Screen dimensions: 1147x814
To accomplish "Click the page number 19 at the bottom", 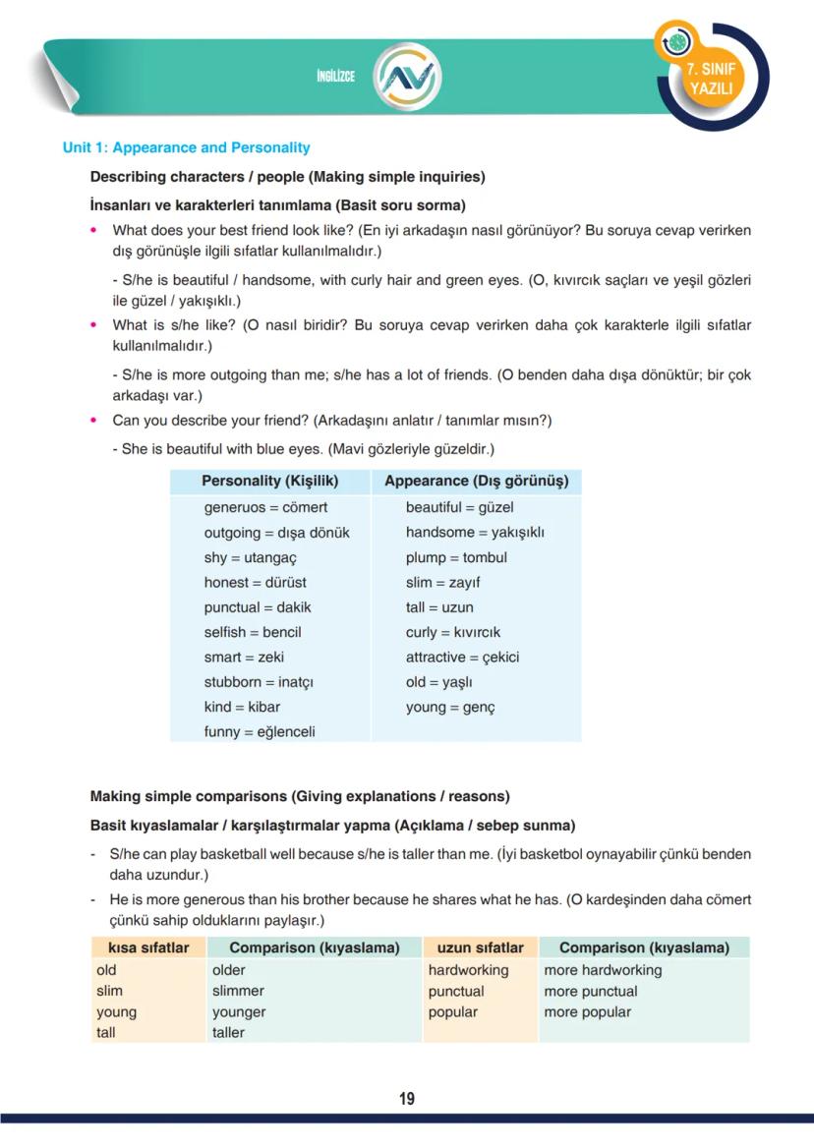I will point(407,1099).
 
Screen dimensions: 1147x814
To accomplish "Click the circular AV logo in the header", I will point(408,76).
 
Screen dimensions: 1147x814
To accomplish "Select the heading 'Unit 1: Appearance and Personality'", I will point(186,147).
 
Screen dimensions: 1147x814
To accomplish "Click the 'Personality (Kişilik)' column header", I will point(269,482).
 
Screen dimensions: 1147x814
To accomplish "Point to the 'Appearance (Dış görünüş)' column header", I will point(476,482).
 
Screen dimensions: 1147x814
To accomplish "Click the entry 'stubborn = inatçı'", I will point(259,681).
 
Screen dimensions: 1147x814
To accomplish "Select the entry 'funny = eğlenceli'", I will point(260,731).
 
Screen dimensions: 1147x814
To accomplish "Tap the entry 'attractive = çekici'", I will point(462,657).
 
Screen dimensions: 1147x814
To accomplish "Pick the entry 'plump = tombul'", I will point(456,557).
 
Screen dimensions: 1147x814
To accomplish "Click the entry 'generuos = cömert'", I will point(265,507).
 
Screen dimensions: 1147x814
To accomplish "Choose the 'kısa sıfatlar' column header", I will point(148,947).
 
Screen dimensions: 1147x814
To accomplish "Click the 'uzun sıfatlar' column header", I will point(480,947).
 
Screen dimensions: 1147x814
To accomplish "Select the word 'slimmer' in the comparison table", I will point(238,991).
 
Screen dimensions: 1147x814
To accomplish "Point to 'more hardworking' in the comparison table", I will point(603,970).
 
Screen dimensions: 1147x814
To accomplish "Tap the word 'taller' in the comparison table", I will point(228,1032).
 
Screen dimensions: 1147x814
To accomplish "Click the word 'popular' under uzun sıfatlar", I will point(452,1011).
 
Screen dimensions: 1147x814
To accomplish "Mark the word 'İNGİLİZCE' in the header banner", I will point(335,77).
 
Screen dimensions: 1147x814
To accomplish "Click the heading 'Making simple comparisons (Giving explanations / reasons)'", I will point(300,796).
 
